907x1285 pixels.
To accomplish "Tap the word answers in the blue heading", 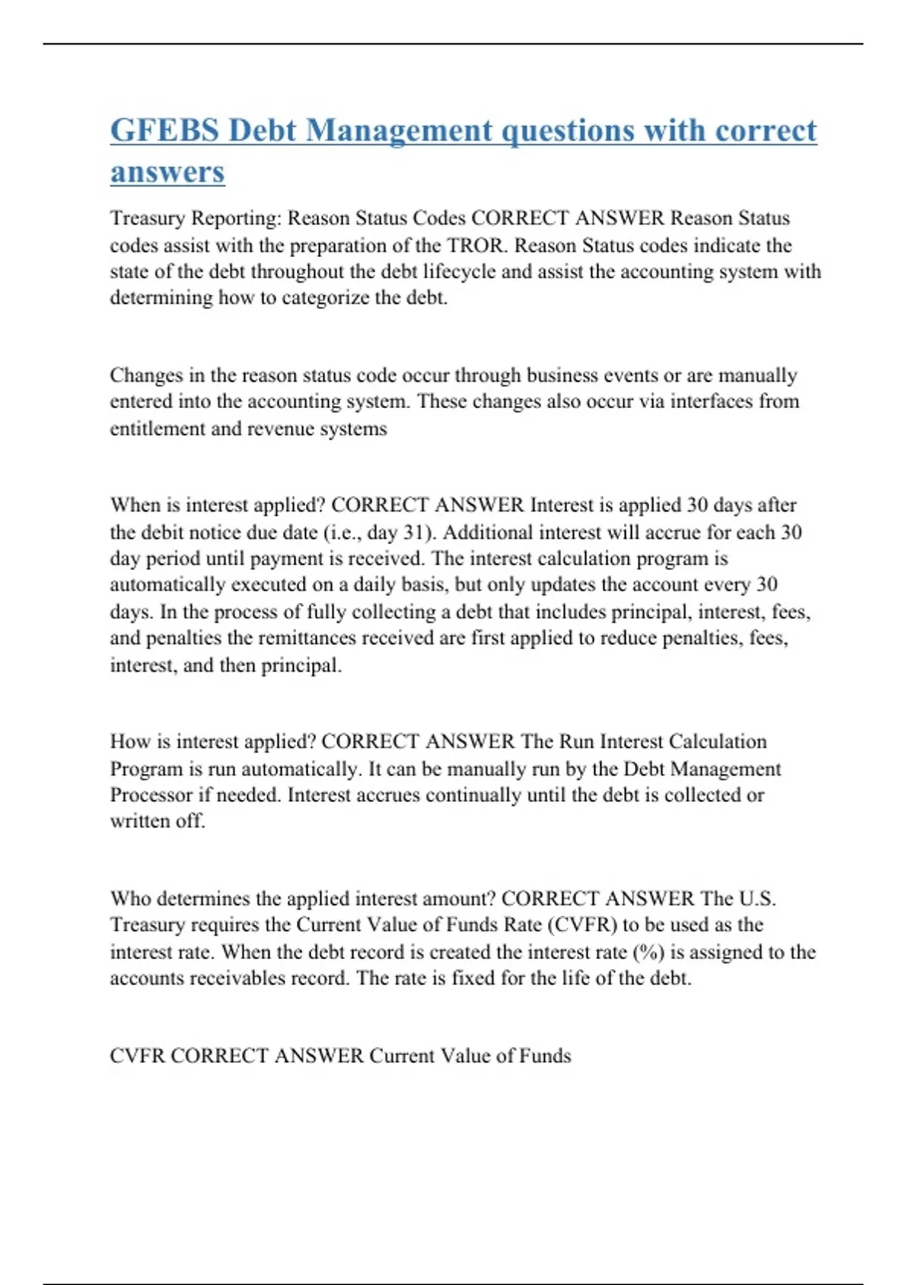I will pyautogui.click(x=167, y=172).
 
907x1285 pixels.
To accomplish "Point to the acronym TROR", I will pyautogui.click(x=475, y=246).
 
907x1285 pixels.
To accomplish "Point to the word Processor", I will pyautogui.click(x=150, y=795).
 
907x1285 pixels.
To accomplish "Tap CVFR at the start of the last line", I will pyautogui.click(x=137, y=1056).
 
